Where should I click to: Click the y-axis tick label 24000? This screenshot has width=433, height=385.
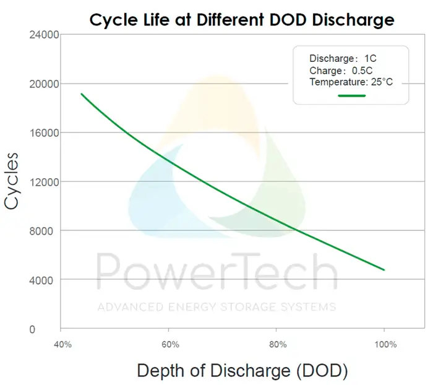point(43,35)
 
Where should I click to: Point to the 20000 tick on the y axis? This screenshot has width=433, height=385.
point(43,84)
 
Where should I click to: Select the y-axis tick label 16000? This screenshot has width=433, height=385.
point(43,132)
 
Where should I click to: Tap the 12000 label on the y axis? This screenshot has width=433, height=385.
point(43,182)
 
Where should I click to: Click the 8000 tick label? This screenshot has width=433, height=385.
point(45,231)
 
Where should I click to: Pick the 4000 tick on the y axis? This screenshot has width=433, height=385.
point(45,280)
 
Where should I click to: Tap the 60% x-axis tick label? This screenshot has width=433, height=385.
point(169,344)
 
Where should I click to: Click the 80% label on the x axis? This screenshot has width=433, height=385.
point(277,344)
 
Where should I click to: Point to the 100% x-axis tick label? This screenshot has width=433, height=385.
point(385,344)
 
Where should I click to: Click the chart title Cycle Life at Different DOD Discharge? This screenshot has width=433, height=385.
point(242,19)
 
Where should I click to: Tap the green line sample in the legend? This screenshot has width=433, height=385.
point(351,95)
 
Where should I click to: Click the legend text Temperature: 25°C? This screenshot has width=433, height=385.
point(351,82)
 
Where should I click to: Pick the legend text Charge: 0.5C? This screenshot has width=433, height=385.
point(338,70)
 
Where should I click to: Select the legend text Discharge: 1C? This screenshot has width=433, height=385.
point(343,58)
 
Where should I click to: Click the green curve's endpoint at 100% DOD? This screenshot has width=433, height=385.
point(384,270)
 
